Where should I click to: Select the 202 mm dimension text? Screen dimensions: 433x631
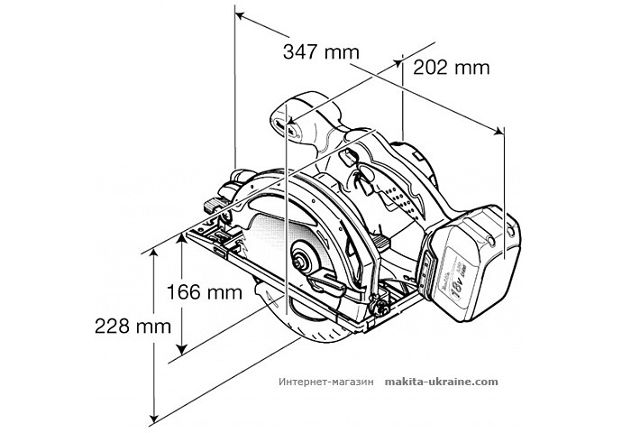[x=451, y=67]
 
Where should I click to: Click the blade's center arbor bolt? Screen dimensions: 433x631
[x=297, y=260]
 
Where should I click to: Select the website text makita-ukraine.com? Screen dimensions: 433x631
[x=441, y=382]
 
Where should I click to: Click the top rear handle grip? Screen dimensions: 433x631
[x=311, y=126]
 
